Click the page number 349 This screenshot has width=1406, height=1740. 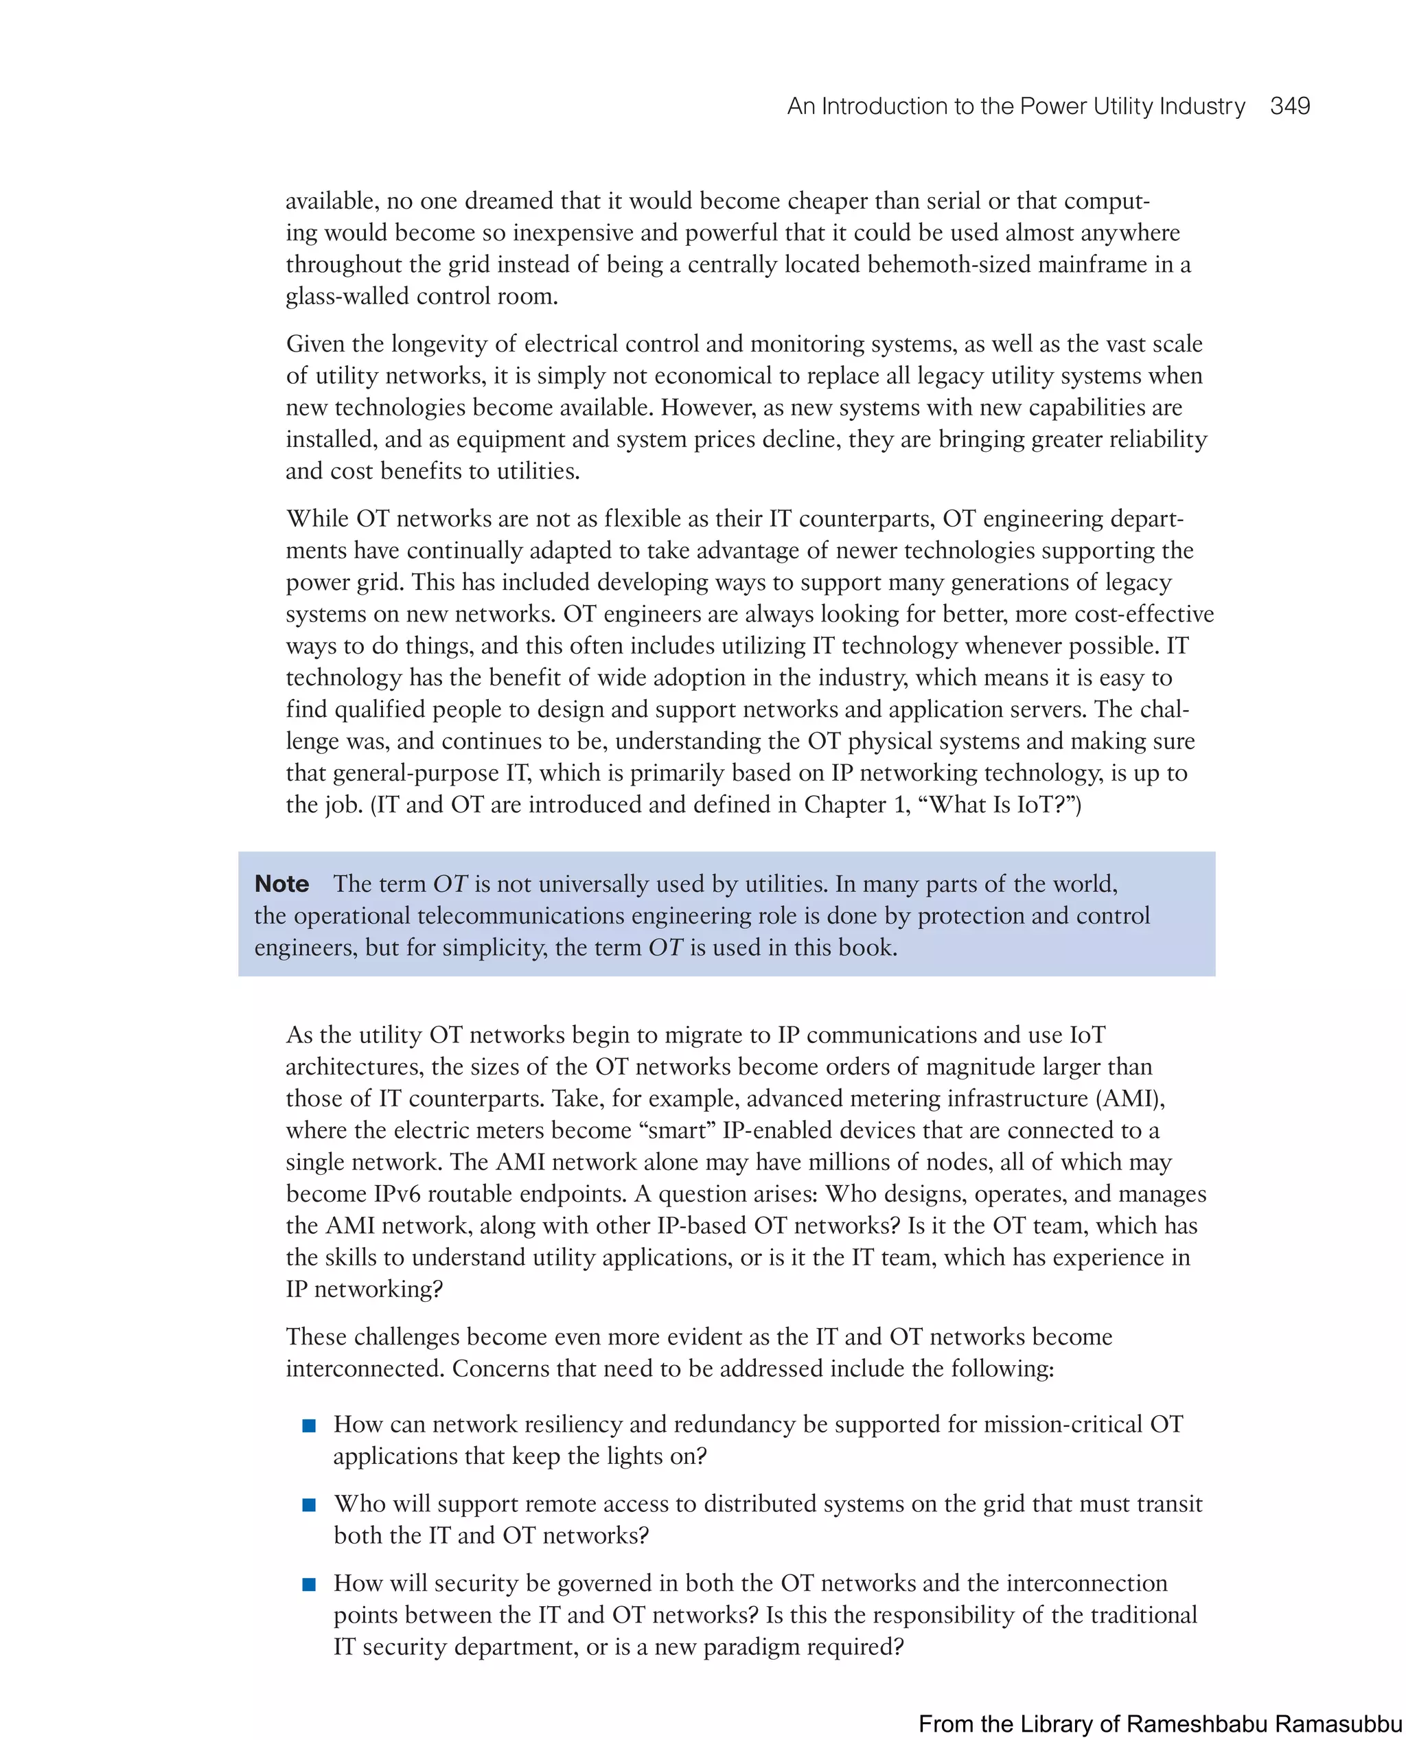[1289, 106]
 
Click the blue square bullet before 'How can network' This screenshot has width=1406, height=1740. [308, 1425]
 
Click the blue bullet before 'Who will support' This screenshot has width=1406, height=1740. [308, 1504]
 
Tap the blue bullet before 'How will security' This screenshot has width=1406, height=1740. [308, 1583]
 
